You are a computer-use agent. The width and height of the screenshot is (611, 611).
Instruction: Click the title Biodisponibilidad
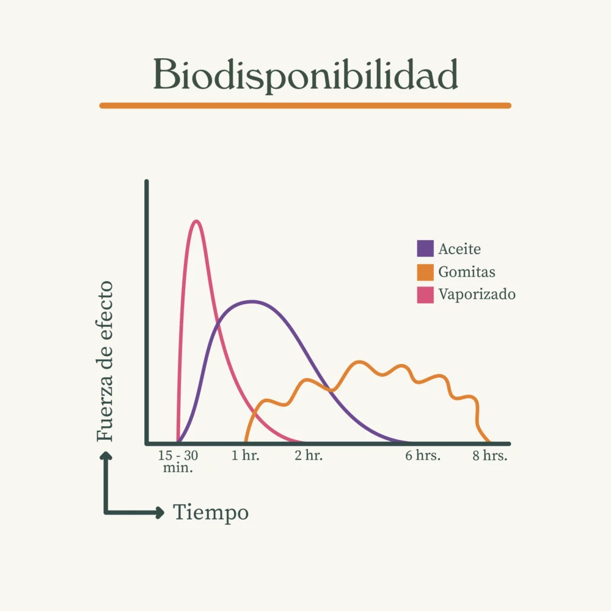pos(305,75)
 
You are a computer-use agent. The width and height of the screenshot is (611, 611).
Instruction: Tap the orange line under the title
pos(305,106)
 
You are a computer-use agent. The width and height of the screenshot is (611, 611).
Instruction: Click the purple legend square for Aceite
pos(425,249)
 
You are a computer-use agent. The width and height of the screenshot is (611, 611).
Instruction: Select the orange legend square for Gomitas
pos(425,272)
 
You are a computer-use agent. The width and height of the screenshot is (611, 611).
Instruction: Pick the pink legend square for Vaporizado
pos(425,295)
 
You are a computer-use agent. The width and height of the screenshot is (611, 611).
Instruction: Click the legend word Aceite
pos(459,249)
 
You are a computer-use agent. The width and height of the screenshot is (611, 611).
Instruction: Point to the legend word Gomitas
pos(467,273)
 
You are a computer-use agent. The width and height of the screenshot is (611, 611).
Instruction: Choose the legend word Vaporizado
pos(477,295)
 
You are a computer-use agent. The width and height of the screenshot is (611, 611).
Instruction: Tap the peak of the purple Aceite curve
pos(251,301)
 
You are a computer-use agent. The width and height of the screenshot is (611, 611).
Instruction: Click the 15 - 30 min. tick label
pos(178,462)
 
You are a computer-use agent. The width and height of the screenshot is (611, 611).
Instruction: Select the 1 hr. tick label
pos(246,456)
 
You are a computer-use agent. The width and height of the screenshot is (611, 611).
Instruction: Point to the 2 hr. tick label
pos(309,456)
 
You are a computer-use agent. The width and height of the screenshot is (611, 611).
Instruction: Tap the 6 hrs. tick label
pos(423,456)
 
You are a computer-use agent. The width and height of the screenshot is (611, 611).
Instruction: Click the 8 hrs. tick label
pos(490,456)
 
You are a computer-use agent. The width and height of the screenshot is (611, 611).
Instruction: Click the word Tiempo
pos(211,513)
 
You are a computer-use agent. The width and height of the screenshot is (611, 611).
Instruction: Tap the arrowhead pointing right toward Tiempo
pos(160,513)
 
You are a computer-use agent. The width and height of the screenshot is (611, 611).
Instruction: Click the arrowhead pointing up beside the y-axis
pos(106,455)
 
